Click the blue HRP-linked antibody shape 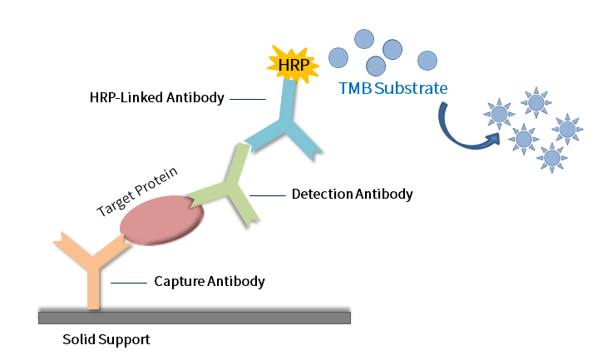287,125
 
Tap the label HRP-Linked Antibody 156,98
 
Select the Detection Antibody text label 352,195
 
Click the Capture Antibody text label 210,281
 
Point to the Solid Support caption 106,340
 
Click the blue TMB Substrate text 393,87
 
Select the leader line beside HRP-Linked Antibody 246,99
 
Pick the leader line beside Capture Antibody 129,282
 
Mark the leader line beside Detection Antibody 267,195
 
